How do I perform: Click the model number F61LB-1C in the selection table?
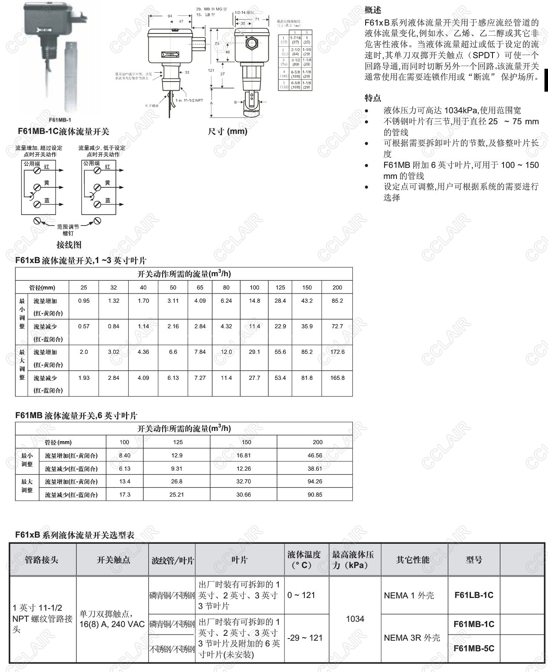click(x=474, y=595)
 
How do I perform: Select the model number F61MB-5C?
click(x=474, y=648)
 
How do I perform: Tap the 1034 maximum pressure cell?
click(x=355, y=619)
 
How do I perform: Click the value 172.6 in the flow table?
click(x=337, y=352)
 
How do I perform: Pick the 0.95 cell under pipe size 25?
click(x=84, y=301)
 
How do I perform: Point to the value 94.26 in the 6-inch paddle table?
click(x=315, y=481)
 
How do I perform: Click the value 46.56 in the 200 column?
click(x=315, y=455)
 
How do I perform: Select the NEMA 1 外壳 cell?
click(x=409, y=595)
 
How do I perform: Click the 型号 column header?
click(x=474, y=560)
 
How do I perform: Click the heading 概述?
click(x=373, y=10)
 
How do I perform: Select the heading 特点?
click(x=373, y=98)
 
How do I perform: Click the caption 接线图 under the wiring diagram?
click(x=69, y=245)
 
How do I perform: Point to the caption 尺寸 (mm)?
click(x=227, y=131)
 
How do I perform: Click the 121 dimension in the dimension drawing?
click(x=211, y=71)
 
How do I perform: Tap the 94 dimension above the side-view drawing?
click(x=170, y=16)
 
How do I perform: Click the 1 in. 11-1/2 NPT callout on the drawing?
click(x=189, y=100)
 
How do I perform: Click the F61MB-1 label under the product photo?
click(x=60, y=120)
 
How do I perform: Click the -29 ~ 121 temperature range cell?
click(x=305, y=638)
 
